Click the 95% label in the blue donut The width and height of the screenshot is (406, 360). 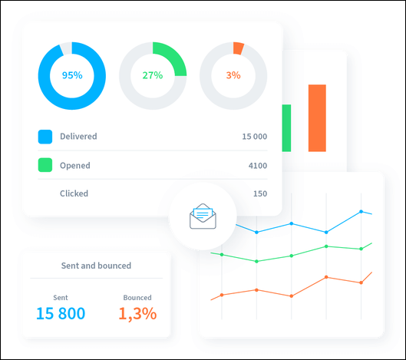click(x=71, y=75)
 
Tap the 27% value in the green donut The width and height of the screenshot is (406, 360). click(x=152, y=75)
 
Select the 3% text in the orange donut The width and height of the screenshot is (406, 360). click(x=233, y=75)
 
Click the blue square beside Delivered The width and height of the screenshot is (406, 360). click(x=45, y=137)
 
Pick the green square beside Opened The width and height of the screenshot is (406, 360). click(x=45, y=165)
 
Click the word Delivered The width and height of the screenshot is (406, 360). click(x=78, y=137)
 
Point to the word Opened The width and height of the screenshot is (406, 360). click(x=75, y=165)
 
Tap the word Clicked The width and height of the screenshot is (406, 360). click(x=74, y=193)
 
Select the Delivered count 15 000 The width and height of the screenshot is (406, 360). click(x=254, y=137)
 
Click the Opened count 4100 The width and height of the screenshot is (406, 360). click(x=258, y=165)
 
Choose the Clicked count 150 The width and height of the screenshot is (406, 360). click(x=260, y=193)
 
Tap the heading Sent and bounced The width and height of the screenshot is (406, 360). click(x=96, y=266)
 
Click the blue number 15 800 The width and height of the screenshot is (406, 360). click(x=61, y=313)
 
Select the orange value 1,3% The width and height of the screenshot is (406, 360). click(x=137, y=313)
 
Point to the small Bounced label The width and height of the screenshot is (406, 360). click(x=137, y=297)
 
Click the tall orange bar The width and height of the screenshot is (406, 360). click(x=317, y=117)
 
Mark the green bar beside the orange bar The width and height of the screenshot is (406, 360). click(x=286, y=128)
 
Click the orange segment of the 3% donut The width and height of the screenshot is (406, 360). click(x=238, y=48)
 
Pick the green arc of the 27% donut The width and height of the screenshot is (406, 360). click(x=175, y=58)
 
